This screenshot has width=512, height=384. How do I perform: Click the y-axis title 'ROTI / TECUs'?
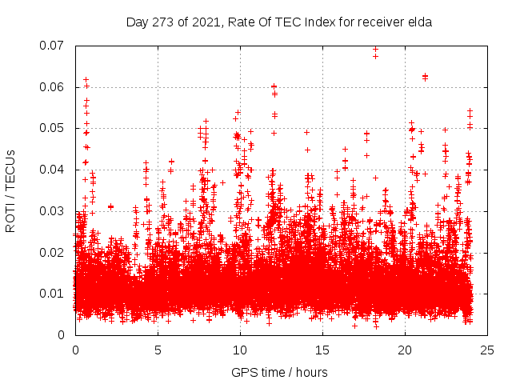coord(10,190)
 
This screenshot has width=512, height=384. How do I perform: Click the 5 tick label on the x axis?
coord(158,350)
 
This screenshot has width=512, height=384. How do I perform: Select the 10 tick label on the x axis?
coord(240,350)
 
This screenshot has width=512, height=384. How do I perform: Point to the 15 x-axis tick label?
coord(322,350)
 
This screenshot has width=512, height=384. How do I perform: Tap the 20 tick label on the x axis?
coord(406,350)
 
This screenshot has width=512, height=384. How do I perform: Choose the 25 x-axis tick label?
coord(488,350)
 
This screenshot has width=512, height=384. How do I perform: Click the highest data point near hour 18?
coord(375,49)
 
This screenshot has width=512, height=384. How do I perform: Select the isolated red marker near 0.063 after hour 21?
coord(426,77)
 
